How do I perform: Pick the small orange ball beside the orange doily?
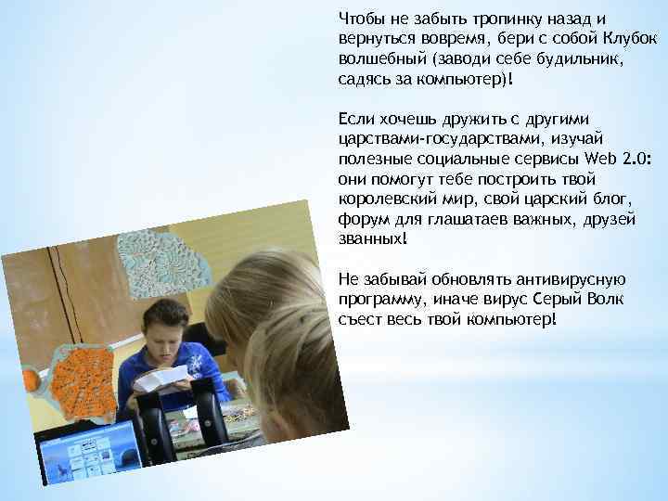[x=32, y=377]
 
